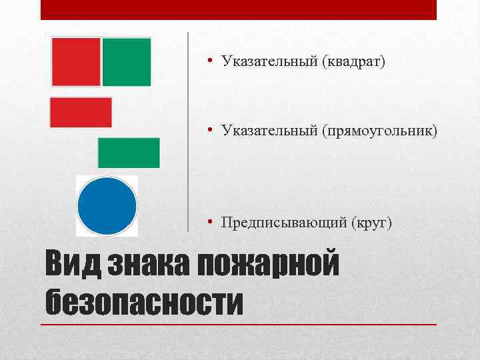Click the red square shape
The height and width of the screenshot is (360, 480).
[x=76, y=62]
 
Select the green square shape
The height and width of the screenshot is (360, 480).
[x=127, y=62]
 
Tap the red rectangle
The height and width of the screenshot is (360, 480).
[x=81, y=112]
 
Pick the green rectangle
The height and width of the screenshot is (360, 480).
[x=129, y=153]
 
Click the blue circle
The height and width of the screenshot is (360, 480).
[x=107, y=205]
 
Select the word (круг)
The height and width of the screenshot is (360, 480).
[x=370, y=222]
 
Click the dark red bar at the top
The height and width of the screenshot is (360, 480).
[x=239, y=9]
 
